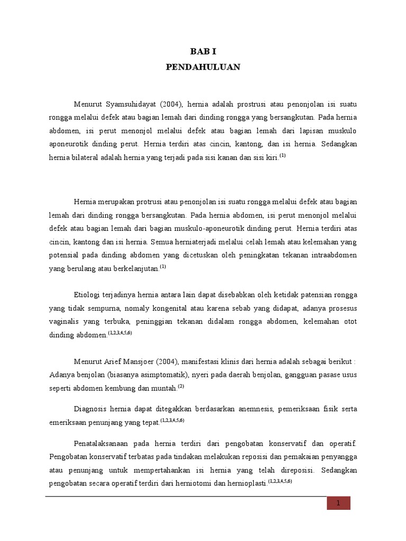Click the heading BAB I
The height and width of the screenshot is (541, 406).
(203, 52)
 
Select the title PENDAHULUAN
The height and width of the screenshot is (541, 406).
(203, 67)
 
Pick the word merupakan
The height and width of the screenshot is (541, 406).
(119, 201)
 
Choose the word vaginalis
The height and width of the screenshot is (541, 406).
(65, 321)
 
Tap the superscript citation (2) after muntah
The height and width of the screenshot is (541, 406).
(181, 386)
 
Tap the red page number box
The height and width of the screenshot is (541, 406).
(337, 503)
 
